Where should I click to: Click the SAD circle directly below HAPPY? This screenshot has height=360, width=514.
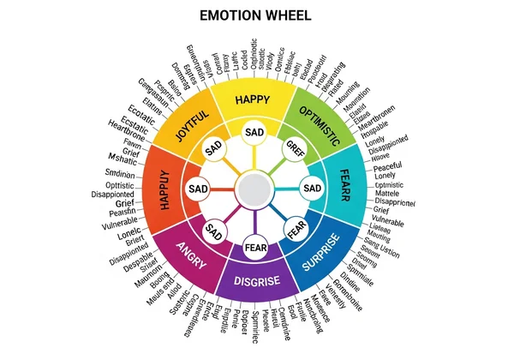(254, 133)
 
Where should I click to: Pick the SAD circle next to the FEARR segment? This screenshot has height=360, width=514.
(313, 188)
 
